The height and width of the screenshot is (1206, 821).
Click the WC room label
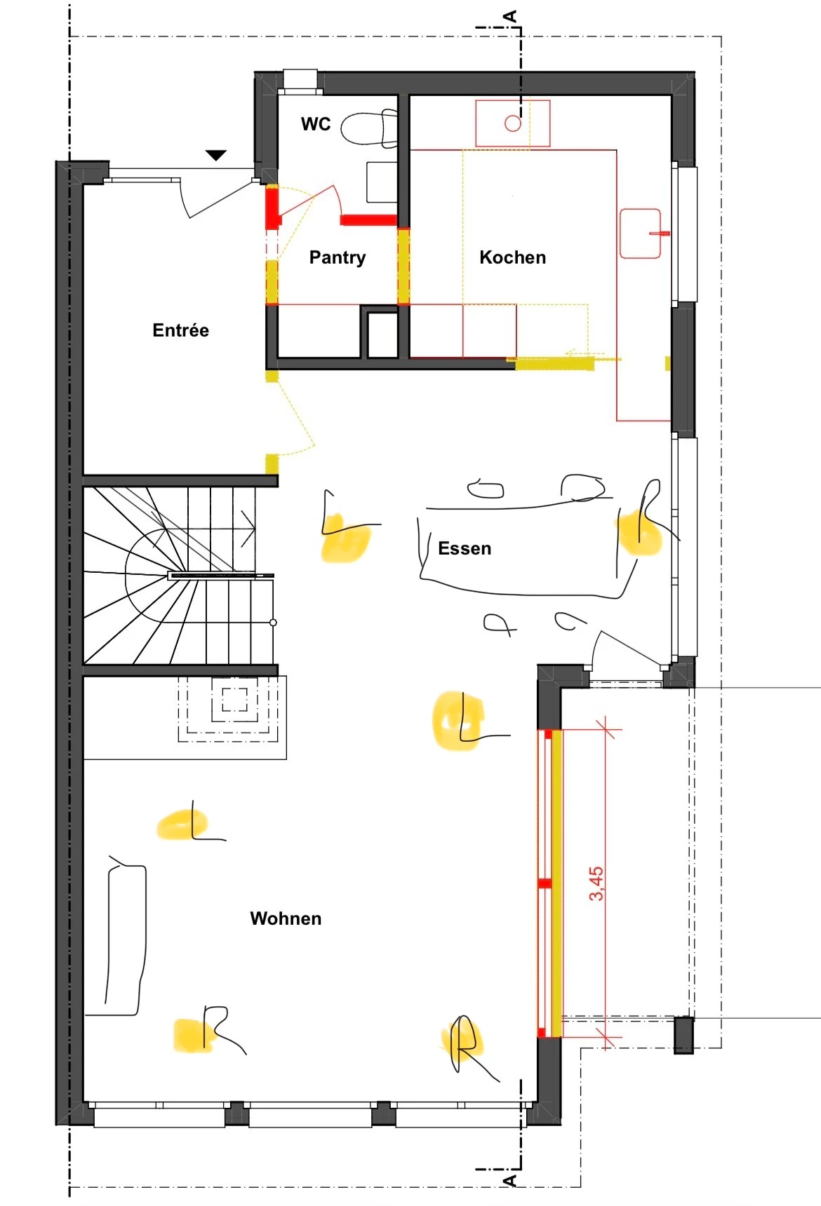316,124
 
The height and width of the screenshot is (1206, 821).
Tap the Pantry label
338,257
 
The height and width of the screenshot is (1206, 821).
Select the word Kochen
512,257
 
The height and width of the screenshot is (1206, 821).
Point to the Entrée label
180,330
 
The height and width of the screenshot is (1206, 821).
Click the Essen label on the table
465,548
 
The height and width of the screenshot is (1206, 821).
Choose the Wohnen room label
286,919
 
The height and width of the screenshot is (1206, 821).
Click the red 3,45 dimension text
596,883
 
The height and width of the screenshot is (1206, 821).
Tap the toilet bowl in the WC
369,128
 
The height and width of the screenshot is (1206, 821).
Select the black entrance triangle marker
216,155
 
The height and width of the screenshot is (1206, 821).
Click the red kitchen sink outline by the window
641,233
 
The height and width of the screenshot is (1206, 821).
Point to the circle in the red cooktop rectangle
513,123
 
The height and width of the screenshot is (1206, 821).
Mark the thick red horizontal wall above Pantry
368,220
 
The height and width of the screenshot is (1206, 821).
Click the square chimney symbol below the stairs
235,700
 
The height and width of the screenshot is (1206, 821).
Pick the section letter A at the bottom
510,1180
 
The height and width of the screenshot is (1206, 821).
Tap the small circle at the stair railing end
273,623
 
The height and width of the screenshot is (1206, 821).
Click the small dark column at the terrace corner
683,1035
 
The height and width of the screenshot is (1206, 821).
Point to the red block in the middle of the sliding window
545,883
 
